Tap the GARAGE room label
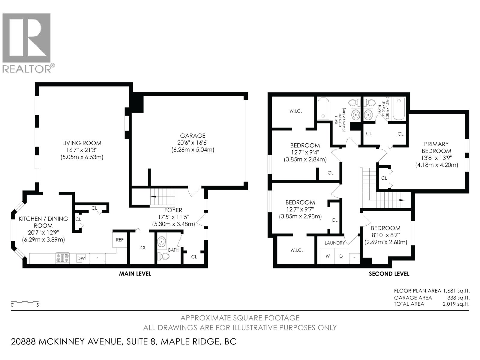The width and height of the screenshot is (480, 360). coord(193,136)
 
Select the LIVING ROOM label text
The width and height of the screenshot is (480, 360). coord(82,143)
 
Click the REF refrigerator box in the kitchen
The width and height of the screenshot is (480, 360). coord(120,240)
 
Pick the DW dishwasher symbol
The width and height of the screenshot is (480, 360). coord(81,258)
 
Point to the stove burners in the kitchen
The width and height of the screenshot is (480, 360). coord(62,258)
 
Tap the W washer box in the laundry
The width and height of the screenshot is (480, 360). coord(328,256)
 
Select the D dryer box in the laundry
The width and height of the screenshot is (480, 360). coord(341,256)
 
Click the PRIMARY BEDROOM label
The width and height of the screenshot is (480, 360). coord(436,147)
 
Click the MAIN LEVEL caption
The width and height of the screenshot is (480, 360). coord(135,274)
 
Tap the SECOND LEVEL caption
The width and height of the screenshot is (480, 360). coord(389,274)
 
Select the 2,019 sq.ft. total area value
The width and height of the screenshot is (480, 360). coord(456,304)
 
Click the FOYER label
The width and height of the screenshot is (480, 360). coord(173,210)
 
